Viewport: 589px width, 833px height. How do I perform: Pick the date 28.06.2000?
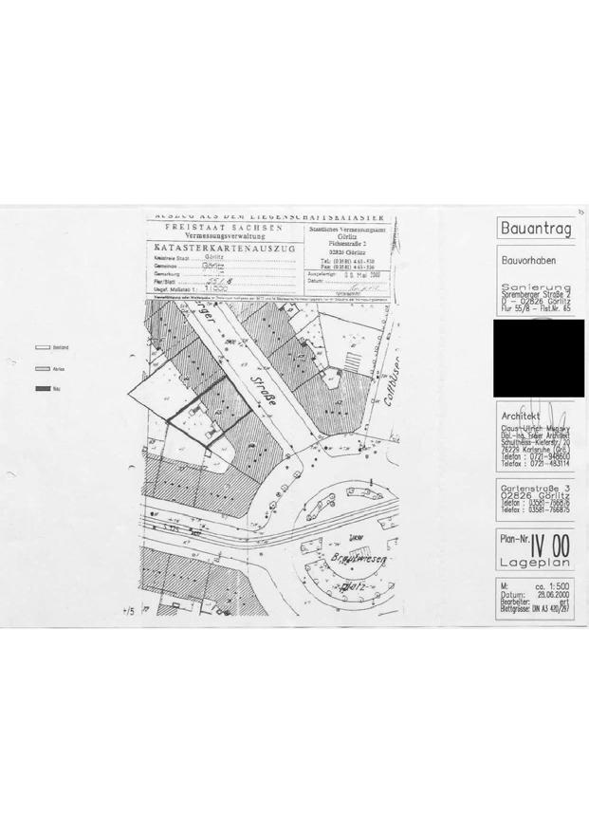pyautogui.click(x=553, y=597)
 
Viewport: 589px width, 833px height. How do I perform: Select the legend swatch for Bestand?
pyautogui.click(x=42, y=348)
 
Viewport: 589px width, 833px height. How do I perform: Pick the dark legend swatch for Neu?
pyautogui.click(x=42, y=388)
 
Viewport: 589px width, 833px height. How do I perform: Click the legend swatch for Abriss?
pyautogui.click(x=42, y=368)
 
